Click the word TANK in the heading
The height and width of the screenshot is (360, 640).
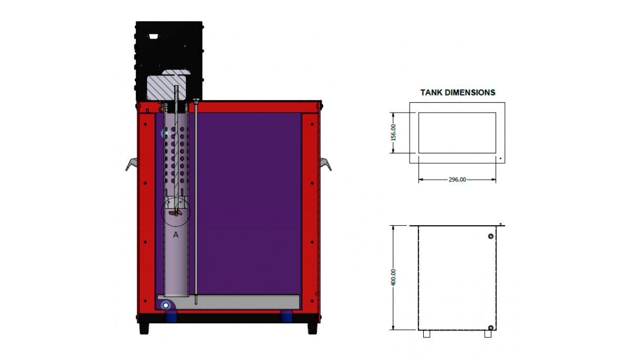click(x=432, y=93)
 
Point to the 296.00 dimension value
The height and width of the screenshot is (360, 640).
click(x=457, y=179)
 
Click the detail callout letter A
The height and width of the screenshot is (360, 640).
click(x=176, y=235)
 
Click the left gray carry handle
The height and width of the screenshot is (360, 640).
click(x=132, y=164)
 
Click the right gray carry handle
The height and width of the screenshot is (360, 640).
click(x=326, y=164)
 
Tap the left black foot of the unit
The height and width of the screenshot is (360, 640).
click(x=144, y=328)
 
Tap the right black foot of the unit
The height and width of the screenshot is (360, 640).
click(x=312, y=328)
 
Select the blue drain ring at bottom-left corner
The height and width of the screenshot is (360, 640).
click(x=166, y=305)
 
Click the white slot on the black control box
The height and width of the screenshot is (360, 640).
click(x=154, y=36)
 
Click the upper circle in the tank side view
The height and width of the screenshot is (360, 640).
click(x=491, y=236)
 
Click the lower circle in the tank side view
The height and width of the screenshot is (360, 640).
click(x=491, y=328)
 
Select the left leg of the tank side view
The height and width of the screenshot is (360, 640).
click(x=427, y=334)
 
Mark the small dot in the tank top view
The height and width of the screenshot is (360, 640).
click(x=501, y=157)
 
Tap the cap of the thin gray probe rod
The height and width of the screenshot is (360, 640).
click(x=196, y=100)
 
